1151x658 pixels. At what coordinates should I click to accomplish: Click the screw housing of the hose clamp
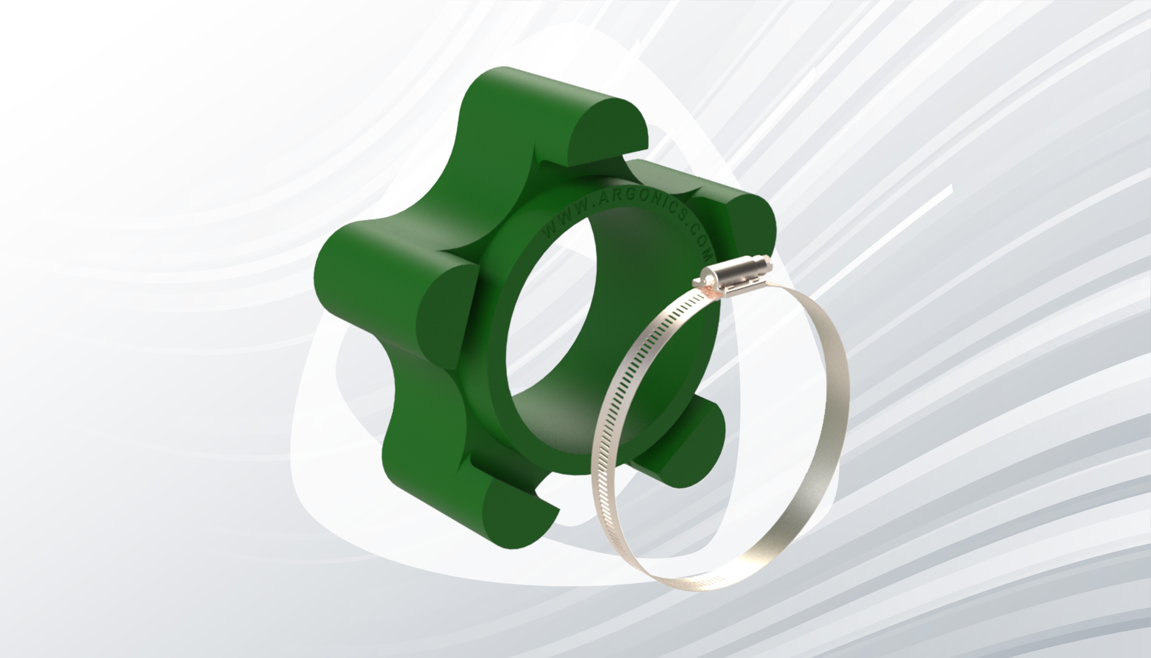(727, 273)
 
